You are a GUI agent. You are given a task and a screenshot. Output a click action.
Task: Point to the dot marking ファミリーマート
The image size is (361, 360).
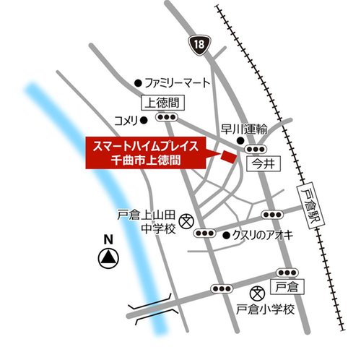pyautogui.click(x=139, y=82)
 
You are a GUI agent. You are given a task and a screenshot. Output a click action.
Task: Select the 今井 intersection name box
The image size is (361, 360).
pyautogui.click(x=261, y=164)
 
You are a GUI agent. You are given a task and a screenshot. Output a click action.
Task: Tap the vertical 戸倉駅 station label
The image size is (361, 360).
pyautogui.click(x=309, y=205)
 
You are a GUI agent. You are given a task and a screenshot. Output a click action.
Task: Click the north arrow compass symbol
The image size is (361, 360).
pyautogui.click(x=108, y=256)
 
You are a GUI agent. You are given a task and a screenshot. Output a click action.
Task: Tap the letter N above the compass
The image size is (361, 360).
pyautogui.click(x=108, y=240)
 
